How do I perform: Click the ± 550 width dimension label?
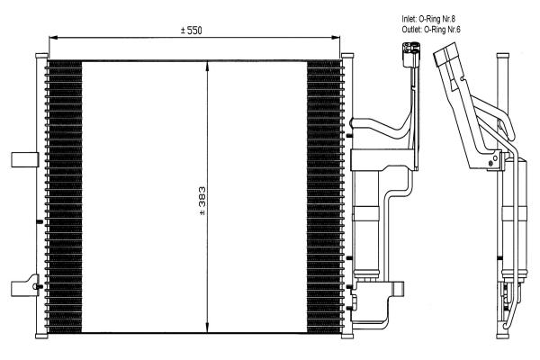click(192, 31)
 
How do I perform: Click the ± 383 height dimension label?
click(202, 202)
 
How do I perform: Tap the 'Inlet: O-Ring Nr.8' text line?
click(428, 19)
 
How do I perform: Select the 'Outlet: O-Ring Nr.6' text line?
click(431, 30)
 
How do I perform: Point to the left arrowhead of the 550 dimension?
click(53, 38)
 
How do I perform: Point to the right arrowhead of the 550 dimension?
click(336, 38)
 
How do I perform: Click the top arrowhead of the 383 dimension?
click(207, 66)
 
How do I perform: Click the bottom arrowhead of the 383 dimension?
click(207, 328)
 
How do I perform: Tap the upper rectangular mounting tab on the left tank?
click(25, 160)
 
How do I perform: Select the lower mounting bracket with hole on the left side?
click(25, 285)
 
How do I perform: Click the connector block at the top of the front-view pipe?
click(411, 54)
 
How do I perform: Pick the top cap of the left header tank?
click(41, 56)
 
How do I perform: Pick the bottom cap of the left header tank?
click(41, 336)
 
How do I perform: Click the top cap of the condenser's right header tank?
click(347, 56)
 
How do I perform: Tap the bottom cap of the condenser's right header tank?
click(347, 336)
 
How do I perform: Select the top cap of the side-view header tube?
click(502, 56)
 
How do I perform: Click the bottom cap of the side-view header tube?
click(502, 336)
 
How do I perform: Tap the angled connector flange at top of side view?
click(445, 54)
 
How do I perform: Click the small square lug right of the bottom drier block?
click(399, 289)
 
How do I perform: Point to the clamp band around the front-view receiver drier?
click(365, 213)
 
